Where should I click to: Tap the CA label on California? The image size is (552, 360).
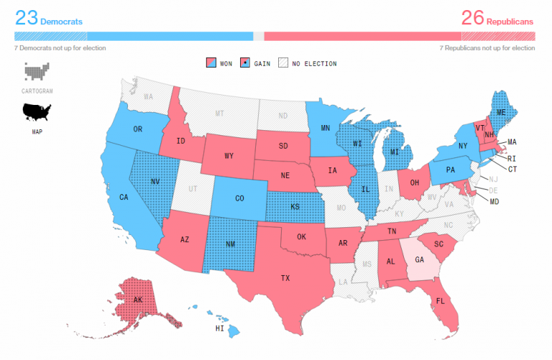click(x=123, y=197)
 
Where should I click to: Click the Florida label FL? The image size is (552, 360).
click(x=440, y=300)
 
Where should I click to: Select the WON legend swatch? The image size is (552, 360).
click(x=212, y=63)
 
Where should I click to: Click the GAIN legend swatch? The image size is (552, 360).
click(x=245, y=63)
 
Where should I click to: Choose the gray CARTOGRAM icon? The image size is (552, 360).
click(x=37, y=72)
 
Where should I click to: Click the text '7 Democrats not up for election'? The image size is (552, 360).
click(x=60, y=48)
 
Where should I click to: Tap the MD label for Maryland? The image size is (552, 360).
click(x=494, y=202)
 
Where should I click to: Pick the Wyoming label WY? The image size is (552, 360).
click(x=229, y=155)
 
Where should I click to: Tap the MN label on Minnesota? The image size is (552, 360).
click(x=325, y=129)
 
